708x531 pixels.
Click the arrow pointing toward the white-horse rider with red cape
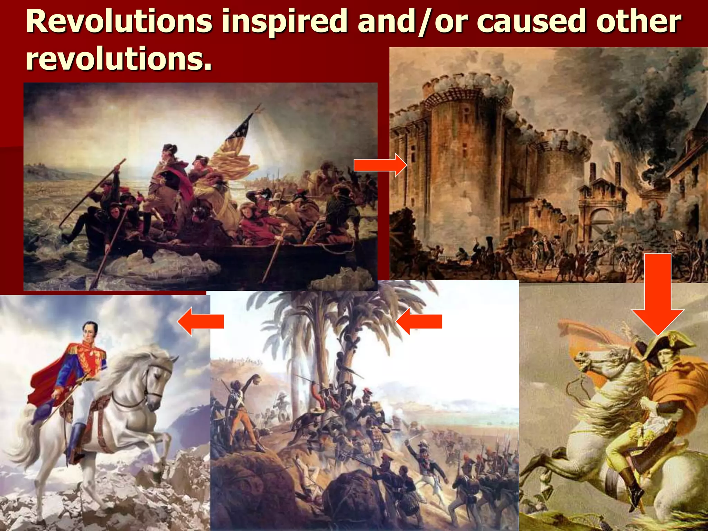click(x=201, y=321)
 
